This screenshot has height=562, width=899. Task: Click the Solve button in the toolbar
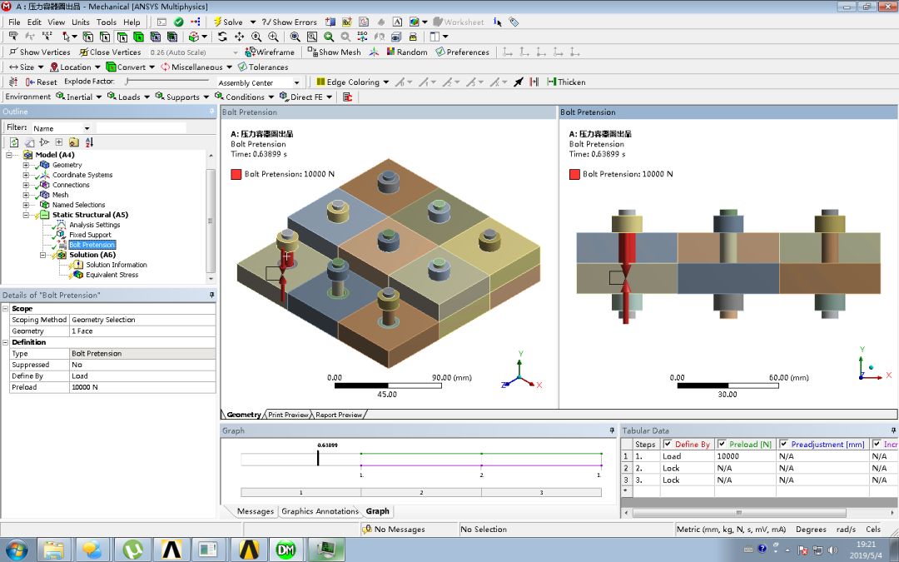228,22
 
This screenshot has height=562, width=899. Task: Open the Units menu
81,22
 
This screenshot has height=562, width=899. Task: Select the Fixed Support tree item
90,235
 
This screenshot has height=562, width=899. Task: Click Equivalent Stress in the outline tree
112,275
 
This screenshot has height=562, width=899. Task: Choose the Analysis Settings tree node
94,225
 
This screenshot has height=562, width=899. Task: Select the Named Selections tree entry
78,205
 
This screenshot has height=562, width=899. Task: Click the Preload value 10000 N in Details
84,387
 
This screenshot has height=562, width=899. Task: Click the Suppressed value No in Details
77,365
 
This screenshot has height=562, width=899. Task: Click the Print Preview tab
288,415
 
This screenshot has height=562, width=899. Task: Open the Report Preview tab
338,415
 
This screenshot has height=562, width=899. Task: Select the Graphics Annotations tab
320,511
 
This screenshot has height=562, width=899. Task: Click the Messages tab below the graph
255,511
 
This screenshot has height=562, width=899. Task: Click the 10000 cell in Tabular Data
728,456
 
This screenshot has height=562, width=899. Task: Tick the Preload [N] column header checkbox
721,444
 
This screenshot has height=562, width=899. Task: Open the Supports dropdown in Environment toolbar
182,97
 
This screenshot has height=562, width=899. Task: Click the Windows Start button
16,550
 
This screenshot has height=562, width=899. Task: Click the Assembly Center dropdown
258,82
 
